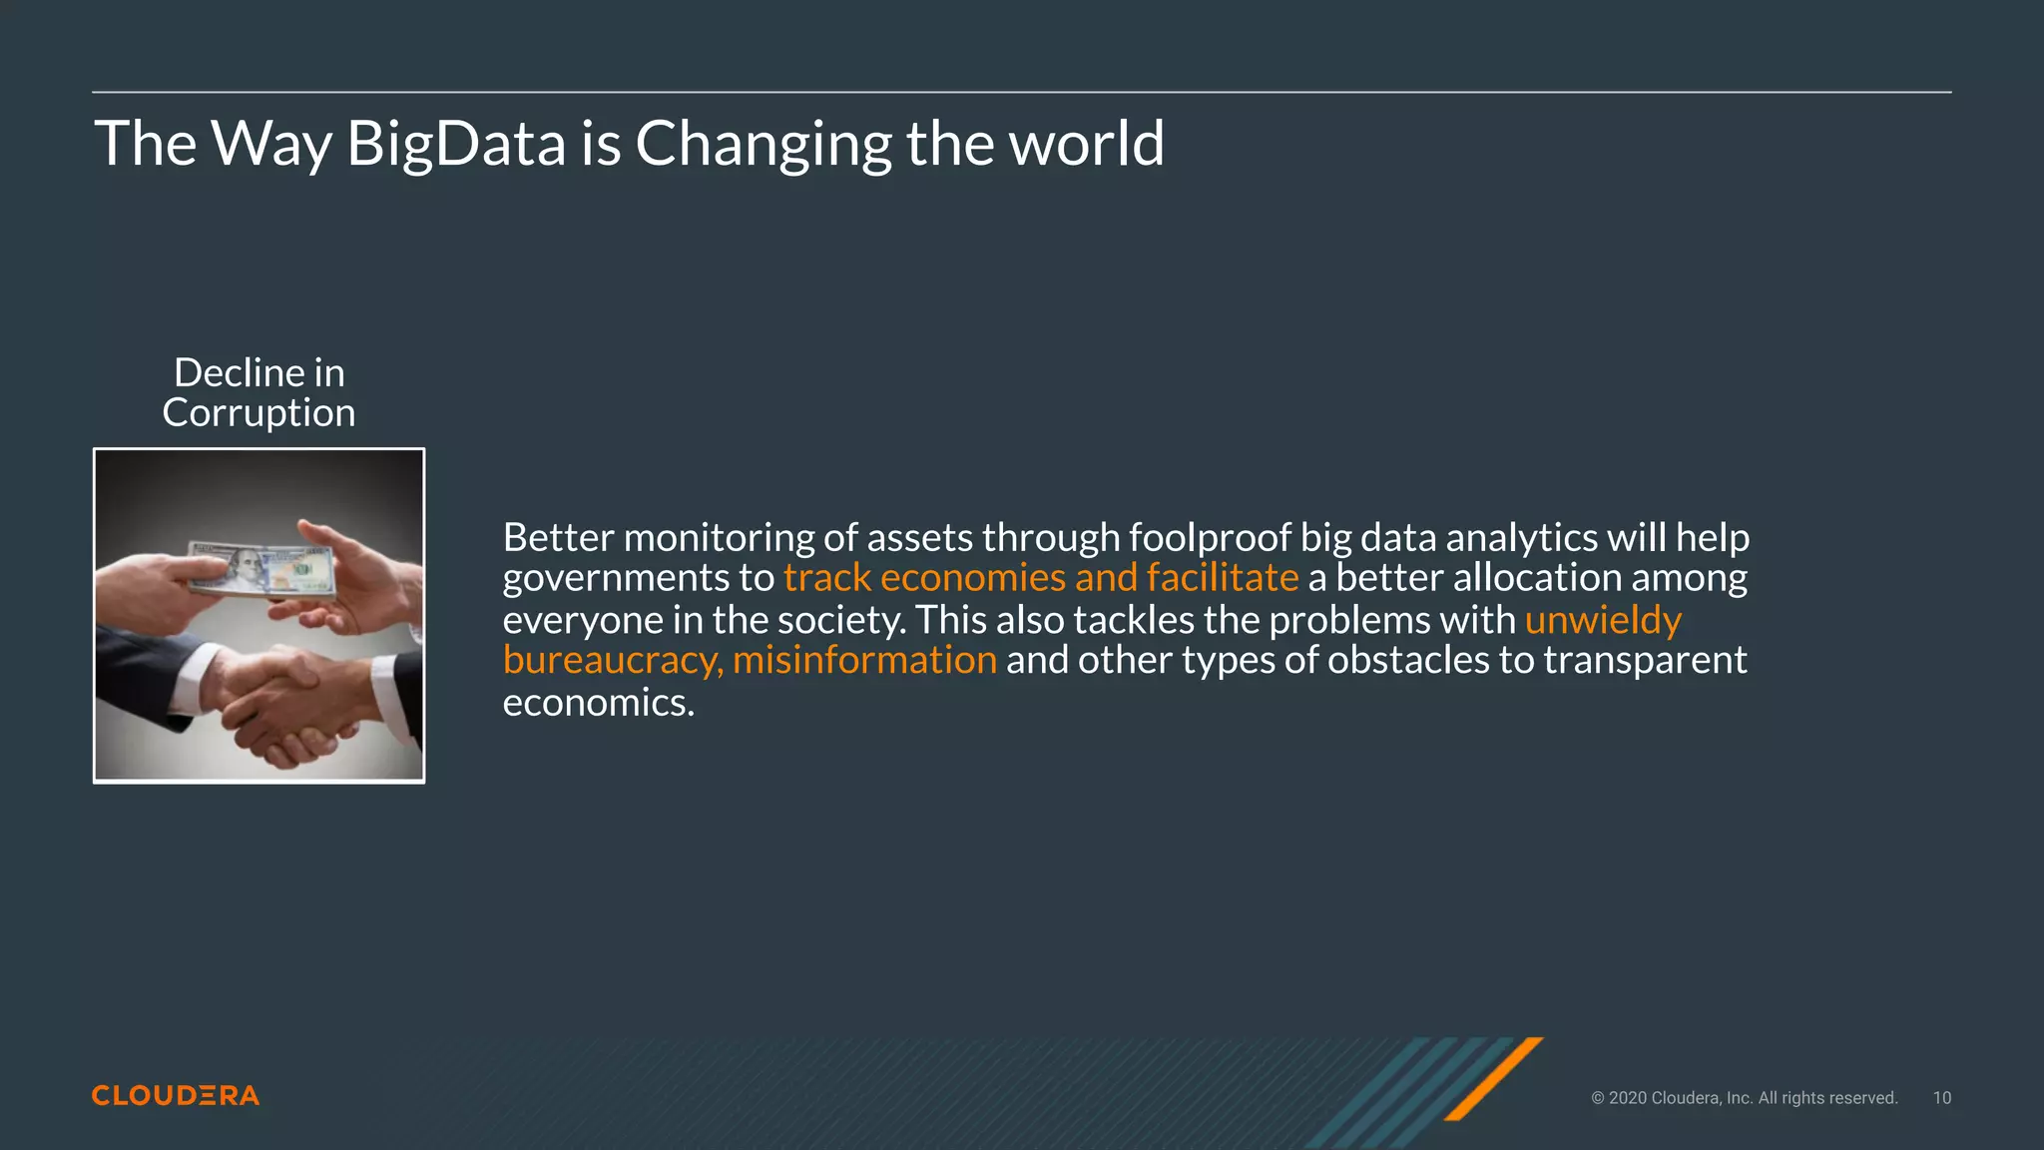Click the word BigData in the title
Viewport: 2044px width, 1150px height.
click(456, 144)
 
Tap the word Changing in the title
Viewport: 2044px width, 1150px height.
click(764, 144)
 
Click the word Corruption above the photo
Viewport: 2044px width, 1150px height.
click(258, 413)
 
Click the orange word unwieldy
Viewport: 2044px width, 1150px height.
click(1603, 620)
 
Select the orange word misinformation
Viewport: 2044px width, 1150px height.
click(864, 660)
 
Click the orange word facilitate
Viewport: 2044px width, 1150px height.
click(1223, 578)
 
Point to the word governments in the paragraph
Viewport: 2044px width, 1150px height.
click(616, 578)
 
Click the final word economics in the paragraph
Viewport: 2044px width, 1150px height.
click(598, 703)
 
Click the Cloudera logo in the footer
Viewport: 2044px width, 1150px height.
click(176, 1096)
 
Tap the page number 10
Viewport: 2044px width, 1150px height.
click(1941, 1098)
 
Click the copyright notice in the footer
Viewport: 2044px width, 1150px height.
click(1744, 1098)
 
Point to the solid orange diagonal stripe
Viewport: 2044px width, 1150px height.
click(1494, 1078)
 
